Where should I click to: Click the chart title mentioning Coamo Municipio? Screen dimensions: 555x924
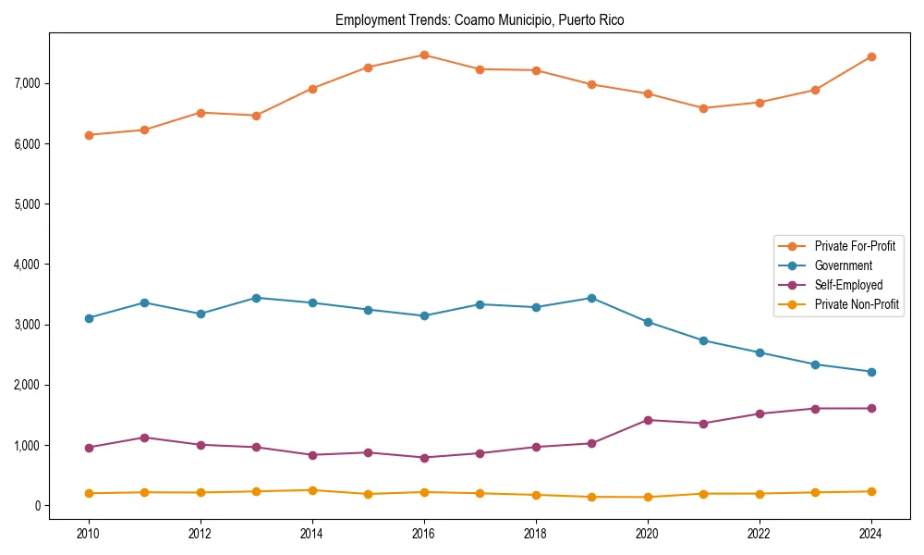480,20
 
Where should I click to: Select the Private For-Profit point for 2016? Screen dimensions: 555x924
424,55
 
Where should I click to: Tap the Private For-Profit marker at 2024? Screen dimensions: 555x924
871,56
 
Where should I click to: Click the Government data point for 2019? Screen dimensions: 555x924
591,298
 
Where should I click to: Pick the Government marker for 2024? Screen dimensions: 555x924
871,372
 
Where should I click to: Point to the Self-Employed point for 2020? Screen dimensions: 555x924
648,420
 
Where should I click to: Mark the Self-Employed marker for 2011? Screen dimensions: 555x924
144,438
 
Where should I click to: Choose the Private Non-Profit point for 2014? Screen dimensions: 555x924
312,490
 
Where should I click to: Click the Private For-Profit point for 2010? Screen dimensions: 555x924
89,135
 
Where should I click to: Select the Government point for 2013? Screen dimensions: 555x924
256,298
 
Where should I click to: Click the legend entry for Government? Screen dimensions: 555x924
843,265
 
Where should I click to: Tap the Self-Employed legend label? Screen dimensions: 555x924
848,285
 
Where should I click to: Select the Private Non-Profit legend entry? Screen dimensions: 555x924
857,304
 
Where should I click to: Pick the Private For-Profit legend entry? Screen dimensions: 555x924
855,246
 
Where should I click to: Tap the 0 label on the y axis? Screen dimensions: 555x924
37,506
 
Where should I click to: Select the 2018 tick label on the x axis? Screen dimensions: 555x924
536,534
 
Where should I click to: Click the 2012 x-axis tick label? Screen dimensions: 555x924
201,534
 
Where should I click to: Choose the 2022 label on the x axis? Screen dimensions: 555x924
760,534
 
